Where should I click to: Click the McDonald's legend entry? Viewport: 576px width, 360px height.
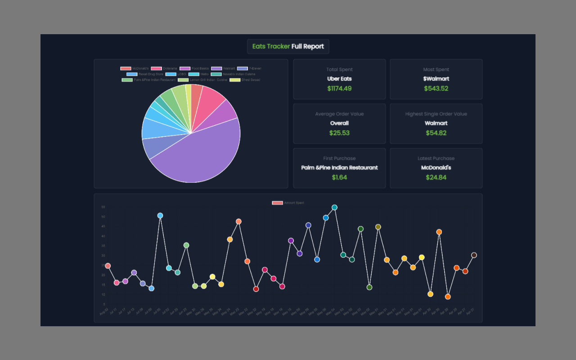135,68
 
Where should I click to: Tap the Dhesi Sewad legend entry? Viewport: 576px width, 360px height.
245,80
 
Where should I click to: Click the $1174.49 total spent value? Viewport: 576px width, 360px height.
339,88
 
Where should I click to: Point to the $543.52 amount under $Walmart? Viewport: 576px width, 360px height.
436,88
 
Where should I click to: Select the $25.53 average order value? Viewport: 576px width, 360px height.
339,133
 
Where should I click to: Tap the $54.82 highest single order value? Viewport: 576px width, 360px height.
436,133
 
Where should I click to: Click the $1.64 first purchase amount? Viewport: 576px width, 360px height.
339,177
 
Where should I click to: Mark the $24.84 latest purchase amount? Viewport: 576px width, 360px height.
436,177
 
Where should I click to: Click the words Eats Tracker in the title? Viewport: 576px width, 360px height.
271,46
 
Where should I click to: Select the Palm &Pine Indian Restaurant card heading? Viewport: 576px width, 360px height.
339,167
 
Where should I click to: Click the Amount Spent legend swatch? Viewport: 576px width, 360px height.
277,203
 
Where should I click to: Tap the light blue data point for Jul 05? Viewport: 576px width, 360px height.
160,216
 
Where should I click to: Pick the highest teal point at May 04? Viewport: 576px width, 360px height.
334,207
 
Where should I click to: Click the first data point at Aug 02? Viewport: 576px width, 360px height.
108,266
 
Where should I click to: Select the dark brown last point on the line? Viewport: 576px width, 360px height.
474,255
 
